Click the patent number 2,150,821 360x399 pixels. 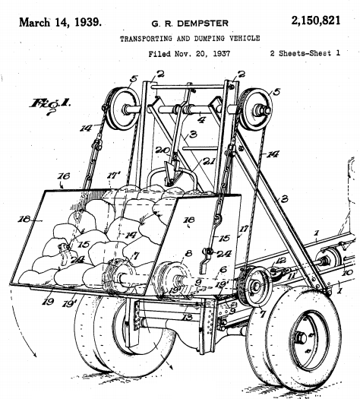(316, 21)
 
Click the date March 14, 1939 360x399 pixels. (60, 22)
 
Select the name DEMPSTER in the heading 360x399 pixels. (203, 24)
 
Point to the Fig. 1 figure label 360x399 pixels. (50, 104)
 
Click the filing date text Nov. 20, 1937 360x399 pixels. (202, 54)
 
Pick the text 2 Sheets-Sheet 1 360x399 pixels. (305, 53)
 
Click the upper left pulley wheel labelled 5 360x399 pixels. (122, 109)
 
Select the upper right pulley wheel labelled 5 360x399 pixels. (255, 109)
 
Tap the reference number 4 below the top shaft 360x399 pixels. (201, 119)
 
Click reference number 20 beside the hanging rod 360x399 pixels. (163, 150)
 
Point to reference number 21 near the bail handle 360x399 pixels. (208, 161)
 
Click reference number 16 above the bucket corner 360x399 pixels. (64, 176)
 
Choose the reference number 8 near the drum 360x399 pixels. (188, 253)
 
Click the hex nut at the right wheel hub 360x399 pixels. (302, 338)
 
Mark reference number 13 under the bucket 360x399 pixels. (188, 318)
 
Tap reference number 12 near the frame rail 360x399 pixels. (280, 261)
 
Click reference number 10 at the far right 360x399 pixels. (347, 273)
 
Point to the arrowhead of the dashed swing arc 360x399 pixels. (34, 354)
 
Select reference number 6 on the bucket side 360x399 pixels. (223, 270)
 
